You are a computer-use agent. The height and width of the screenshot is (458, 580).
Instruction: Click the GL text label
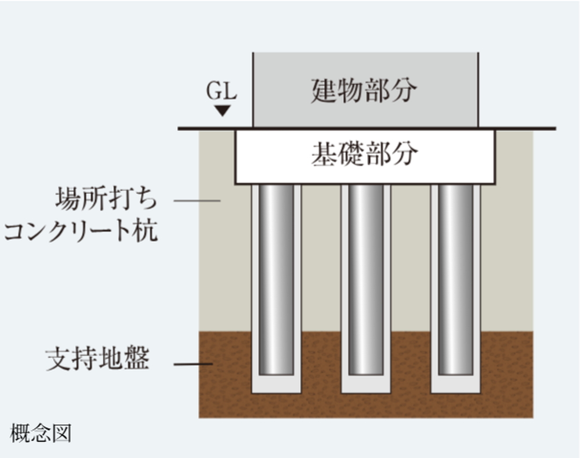(221, 91)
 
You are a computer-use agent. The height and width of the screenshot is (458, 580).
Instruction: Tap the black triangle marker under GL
(223, 110)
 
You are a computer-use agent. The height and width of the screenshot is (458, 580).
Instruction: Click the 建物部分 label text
(364, 91)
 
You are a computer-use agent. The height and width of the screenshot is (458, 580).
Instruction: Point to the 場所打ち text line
(106, 199)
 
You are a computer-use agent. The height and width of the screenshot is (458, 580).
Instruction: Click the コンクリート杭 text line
(81, 230)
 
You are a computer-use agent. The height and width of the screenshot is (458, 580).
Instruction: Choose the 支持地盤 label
(97, 358)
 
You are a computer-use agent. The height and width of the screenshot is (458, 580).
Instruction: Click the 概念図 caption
(41, 433)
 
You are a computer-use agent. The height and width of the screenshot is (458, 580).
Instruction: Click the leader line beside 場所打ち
(197, 201)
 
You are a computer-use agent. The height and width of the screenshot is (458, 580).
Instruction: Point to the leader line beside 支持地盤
(193, 364)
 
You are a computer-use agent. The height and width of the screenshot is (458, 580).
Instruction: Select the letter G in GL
(214, 91)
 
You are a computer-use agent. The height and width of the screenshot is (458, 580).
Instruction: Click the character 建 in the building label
(323, 91)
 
